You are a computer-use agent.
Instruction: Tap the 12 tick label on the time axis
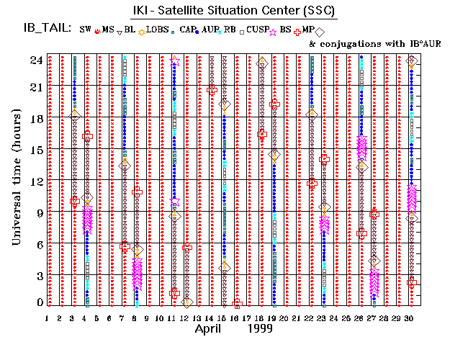point(35,180)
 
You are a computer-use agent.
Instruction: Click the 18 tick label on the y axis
point(35,117)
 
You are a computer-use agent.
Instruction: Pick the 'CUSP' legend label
point(257,30)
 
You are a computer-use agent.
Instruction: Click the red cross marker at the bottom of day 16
point(237,304)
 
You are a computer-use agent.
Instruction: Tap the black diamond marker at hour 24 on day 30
point(412,62)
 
